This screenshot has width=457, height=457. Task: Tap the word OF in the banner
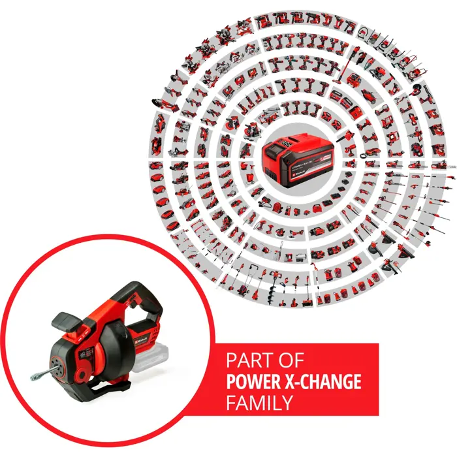click(x=289, y=360)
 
